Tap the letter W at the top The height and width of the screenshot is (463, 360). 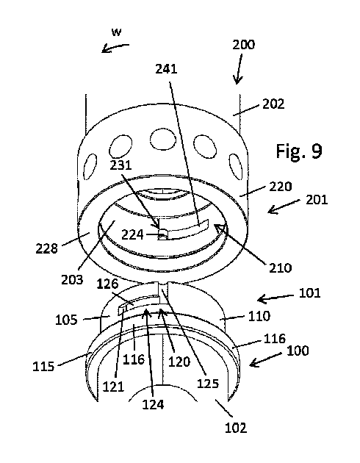pos(116,32)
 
